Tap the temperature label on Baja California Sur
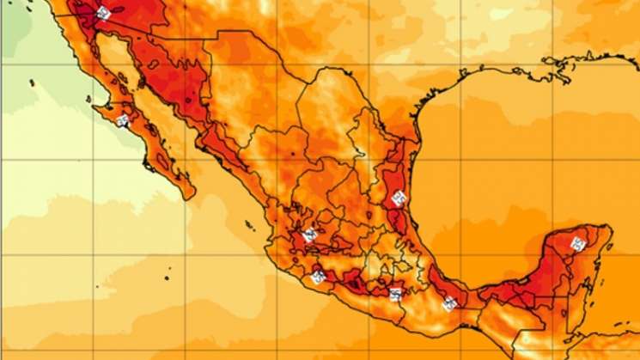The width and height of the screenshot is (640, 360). (x=123, y=121)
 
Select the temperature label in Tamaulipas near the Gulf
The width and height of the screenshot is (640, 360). (x=398, y=198)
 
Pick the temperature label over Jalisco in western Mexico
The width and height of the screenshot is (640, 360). (x=310, y=234)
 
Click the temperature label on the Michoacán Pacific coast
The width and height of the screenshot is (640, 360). (x=319, y=277)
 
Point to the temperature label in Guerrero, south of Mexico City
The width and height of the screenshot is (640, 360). (x=394, y=295)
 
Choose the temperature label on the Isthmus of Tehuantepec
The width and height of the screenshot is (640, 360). (x=448, y=302)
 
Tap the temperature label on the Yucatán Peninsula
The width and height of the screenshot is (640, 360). (x=578, y=244)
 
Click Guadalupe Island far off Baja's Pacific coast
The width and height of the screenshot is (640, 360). (x=32, y=82)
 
